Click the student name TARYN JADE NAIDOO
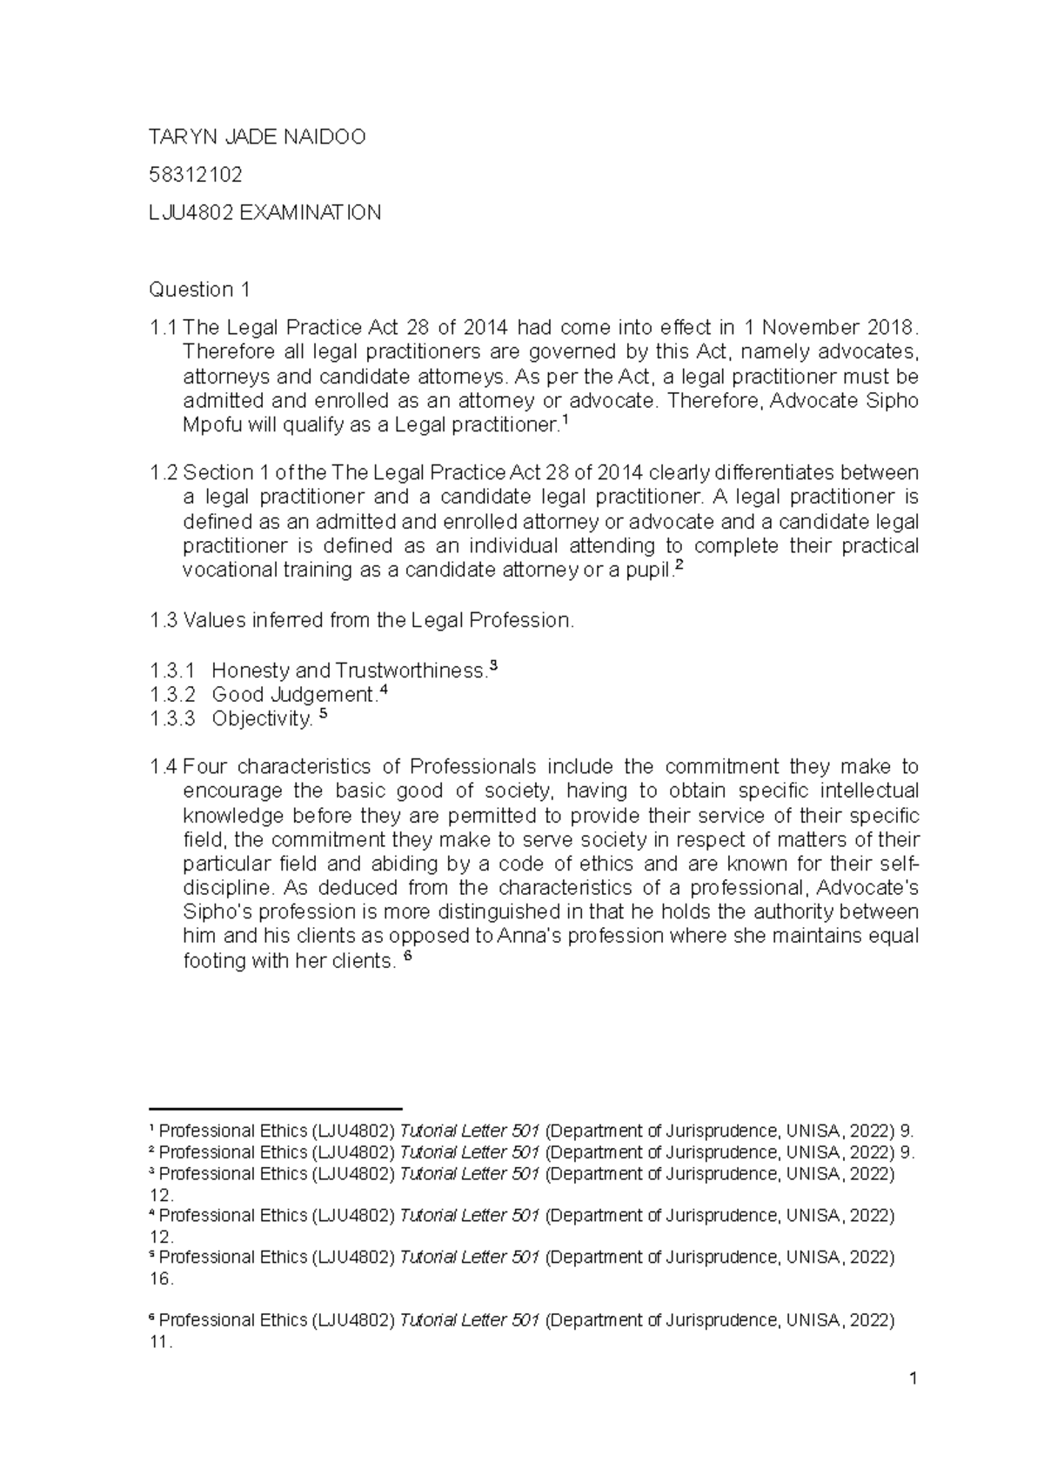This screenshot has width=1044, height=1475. [x=258, y=137]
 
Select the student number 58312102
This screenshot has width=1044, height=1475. [x=196, y=175]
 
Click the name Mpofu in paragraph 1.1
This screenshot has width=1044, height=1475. [x=210, y=426]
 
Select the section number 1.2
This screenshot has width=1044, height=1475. [x=163, y=473]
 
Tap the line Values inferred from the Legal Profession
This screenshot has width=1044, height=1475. [x=362, y=621]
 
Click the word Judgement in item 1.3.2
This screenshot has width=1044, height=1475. [x=323, y=695]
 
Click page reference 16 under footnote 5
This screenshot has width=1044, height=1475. [x=162, y=1279]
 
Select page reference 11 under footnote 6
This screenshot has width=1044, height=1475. [x=161, y=1342]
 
